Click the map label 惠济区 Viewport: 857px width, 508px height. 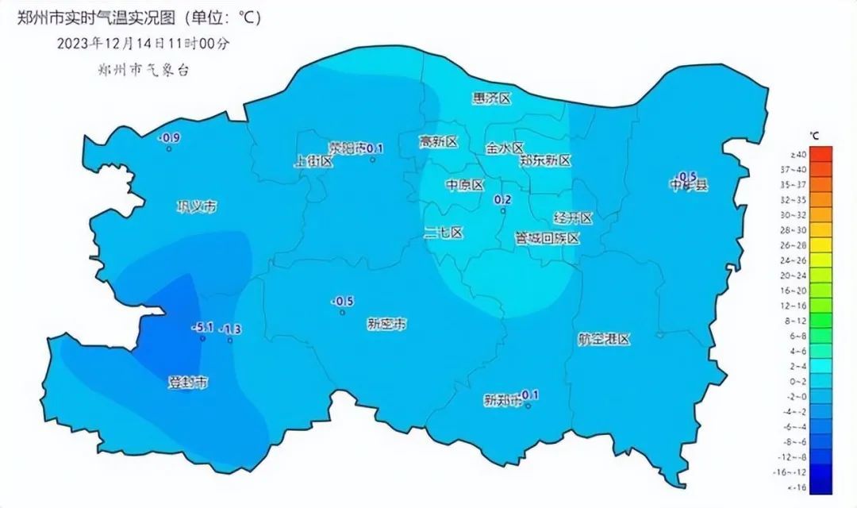click(x=491, y=98)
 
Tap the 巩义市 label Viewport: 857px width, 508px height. click(x=196, y=207)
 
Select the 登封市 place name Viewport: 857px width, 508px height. click(x=188, y=383)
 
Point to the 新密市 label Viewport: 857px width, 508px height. click(x=386, y=324)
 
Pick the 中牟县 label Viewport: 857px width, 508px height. click(x=688, y=185)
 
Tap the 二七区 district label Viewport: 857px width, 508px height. click(x=443, y=233)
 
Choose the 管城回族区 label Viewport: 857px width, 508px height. click(x=548, y=238)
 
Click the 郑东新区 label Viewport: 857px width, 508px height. click(x=545, y=160)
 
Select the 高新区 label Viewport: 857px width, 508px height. click(x=439, y=142)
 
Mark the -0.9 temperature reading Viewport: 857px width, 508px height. click(x=170, y=138)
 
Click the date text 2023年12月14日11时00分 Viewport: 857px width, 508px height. click(x=144, y=44)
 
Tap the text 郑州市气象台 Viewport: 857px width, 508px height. click(x=141, y=70)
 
